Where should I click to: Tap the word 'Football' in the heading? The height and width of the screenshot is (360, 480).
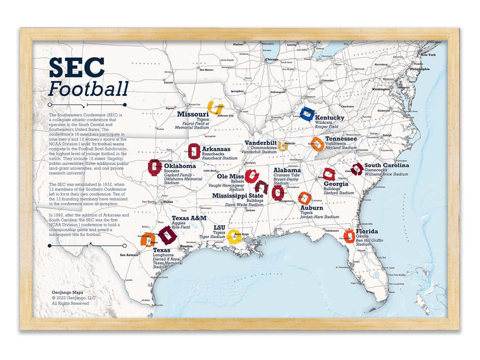[x=88, y=89]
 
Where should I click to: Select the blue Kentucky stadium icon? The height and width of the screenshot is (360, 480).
[x=307, y=114]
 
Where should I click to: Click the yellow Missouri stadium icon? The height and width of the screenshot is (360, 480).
[x=214, y=107]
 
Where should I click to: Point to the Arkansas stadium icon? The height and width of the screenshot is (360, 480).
[x=193, y=152]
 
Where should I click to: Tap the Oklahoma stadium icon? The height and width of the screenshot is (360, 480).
[x=154, y=167]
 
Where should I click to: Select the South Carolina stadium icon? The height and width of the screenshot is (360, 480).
[x=357, y=169]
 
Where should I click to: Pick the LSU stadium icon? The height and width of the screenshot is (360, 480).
[x=235, y=236]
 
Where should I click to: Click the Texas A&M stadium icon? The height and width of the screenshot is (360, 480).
[x=167, y=234]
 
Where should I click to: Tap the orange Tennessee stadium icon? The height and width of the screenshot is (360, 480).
[x=317, y=144]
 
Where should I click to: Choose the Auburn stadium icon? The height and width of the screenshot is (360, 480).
[x=304, y=198]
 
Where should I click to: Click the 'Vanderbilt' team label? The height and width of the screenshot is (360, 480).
[x=260, y=142]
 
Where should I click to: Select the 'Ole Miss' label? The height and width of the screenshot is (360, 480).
[x=230, y=176]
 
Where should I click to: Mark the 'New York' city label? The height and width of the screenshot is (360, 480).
[x=427, y=55]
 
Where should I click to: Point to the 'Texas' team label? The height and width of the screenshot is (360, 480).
[x=162, y=250]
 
